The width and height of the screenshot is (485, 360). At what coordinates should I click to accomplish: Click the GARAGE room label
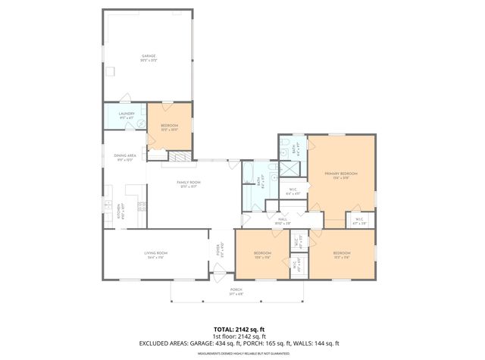148,56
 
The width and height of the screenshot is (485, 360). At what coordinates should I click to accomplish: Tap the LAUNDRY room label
127,114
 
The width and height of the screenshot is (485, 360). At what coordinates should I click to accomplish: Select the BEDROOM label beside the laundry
169,125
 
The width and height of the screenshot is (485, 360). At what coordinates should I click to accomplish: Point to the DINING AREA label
125,155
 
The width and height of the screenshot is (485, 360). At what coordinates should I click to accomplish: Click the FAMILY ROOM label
189,183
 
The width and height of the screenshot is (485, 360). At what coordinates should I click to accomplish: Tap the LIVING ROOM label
155,253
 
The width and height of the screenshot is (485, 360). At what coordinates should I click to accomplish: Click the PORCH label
236,290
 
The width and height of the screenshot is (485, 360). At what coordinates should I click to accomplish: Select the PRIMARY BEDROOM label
340,174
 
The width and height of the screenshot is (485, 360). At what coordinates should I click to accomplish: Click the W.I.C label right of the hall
359,220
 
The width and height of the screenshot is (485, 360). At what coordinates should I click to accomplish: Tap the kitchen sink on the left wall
108,205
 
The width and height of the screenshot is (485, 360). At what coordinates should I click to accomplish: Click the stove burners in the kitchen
139,205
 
